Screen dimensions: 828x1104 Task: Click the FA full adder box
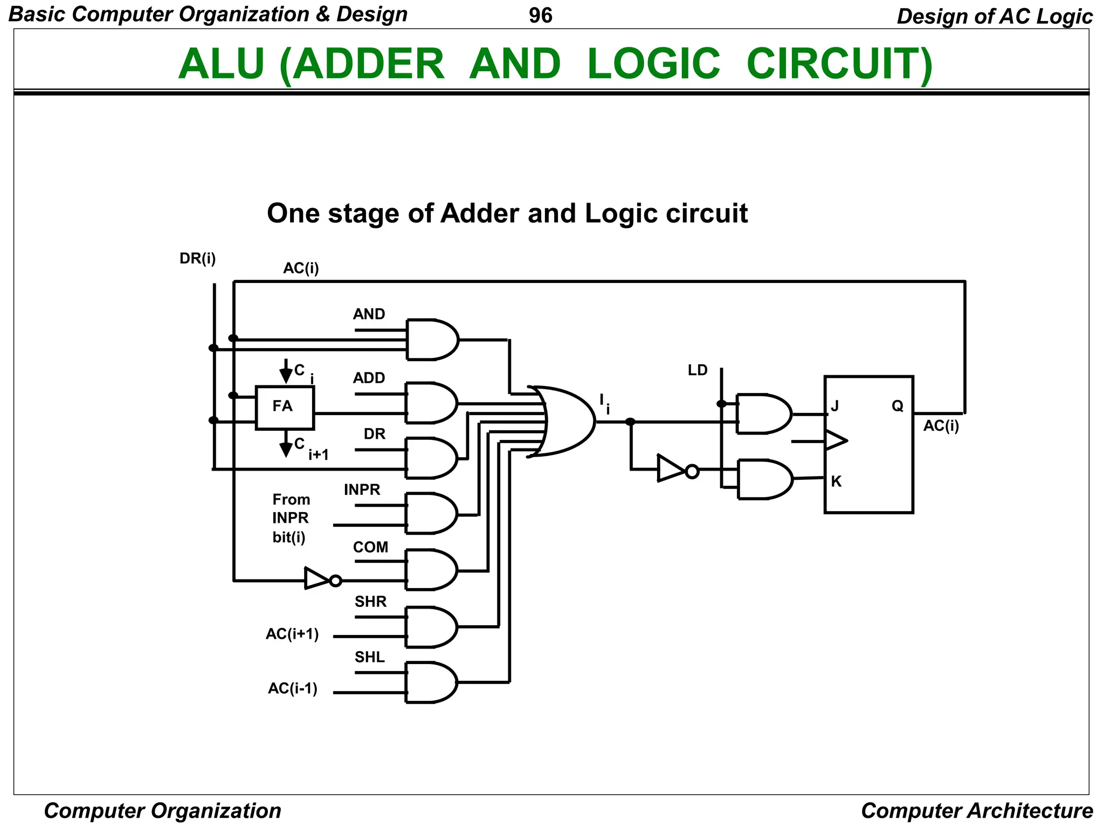pos(284,408)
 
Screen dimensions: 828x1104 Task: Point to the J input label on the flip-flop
pos(834,405)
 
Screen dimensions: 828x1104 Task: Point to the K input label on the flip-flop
pos(836,481)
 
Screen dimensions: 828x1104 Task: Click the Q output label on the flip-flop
pos(897,405)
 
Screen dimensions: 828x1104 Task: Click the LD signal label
pos(697,370)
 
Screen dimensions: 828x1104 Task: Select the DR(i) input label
pos(197,259)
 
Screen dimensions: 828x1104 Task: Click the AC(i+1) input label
pos(292,634)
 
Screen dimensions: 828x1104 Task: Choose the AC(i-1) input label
pos(292,688)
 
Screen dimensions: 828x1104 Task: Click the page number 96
pos(540,16)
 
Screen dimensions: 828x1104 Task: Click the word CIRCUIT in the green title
pos(839,64)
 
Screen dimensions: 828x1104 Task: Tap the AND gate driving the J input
pos(763,414)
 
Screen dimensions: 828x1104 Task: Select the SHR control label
pos(370,602)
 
